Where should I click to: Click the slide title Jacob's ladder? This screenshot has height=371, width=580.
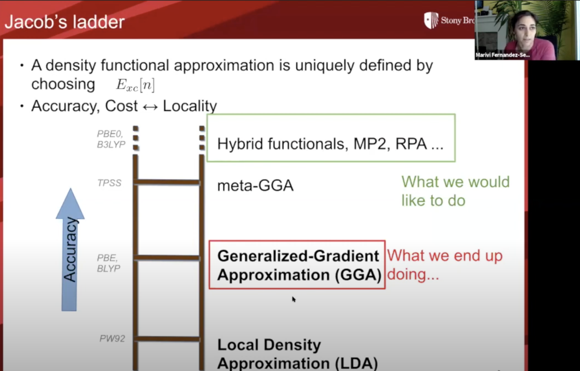tap(64, 22)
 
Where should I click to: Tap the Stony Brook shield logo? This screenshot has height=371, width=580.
tap(431, 20)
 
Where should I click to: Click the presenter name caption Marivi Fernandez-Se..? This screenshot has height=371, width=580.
tap(503, 55)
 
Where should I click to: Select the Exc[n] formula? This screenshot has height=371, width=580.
tap(135, 85)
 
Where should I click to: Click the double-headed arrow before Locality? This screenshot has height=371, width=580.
tap(150, 107)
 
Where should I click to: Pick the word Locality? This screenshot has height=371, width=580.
tap(190, 106)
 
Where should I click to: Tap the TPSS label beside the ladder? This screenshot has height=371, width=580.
tap(109, 183)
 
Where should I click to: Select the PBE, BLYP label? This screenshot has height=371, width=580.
tap(108, 263)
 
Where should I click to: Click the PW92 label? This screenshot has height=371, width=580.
tap(112, 338)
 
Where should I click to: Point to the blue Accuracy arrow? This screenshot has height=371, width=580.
tap(70, 250)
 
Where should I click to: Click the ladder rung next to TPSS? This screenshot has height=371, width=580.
tap(167, 182)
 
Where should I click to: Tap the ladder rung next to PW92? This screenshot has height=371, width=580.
tap(167, 339)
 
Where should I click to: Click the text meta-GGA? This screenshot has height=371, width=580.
tap(255, 185)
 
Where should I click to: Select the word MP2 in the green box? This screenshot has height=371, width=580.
tap(370, 144)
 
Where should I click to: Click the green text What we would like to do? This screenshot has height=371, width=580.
tap(455, 191)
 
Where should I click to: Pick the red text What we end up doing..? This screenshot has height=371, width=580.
tap(445, 265)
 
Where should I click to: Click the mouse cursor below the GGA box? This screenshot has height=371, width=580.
tap(293, 299)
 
